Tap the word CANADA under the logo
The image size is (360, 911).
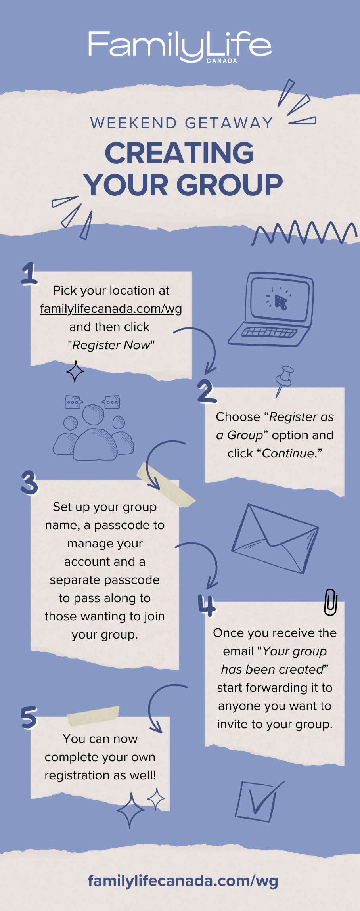coord(222,61)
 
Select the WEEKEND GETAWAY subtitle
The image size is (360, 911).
coord(182,123)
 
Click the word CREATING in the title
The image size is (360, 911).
coord(179,153)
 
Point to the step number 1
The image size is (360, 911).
coord(29,274)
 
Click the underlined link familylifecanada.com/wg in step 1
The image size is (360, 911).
coord(111,308)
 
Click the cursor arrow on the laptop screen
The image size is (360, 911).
coord(281,302)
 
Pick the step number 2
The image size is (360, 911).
coord(207,391)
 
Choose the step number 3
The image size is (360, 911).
coord(29,482)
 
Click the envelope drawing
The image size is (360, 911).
coord(275,538)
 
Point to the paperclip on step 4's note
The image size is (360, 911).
coord(330,602)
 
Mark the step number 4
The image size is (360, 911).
coord(207,606)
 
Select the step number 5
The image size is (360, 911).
coord(29,717)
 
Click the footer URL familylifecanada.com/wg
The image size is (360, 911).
coord(183,881)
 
